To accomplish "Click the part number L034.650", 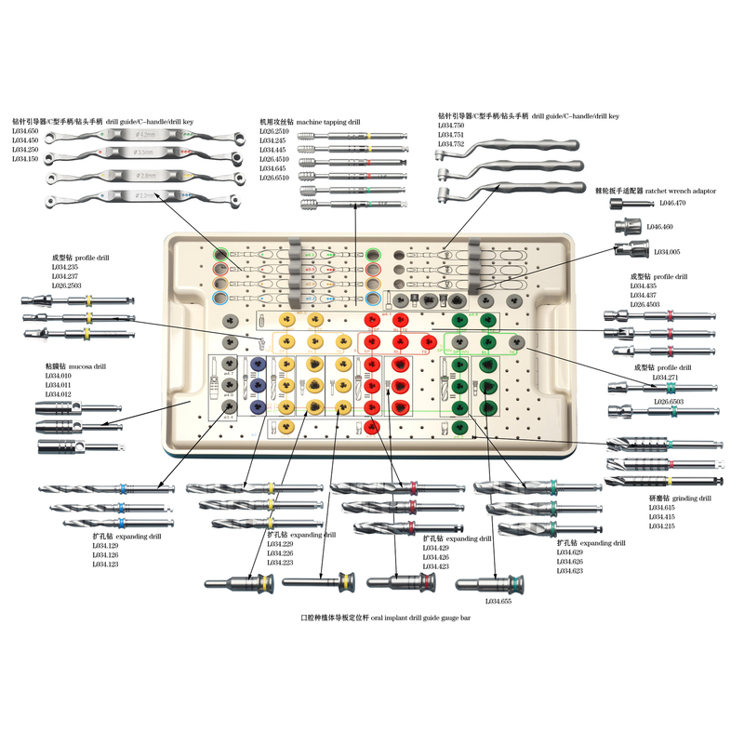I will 25,131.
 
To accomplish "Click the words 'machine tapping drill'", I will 328,122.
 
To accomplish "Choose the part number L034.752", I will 451,144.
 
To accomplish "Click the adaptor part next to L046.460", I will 626,226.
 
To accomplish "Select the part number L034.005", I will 667,252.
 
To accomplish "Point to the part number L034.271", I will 666,378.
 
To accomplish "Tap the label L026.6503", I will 669,401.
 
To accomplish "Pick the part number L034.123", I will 105,565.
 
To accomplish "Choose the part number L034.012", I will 58,394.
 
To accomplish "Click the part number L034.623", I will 570,570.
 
